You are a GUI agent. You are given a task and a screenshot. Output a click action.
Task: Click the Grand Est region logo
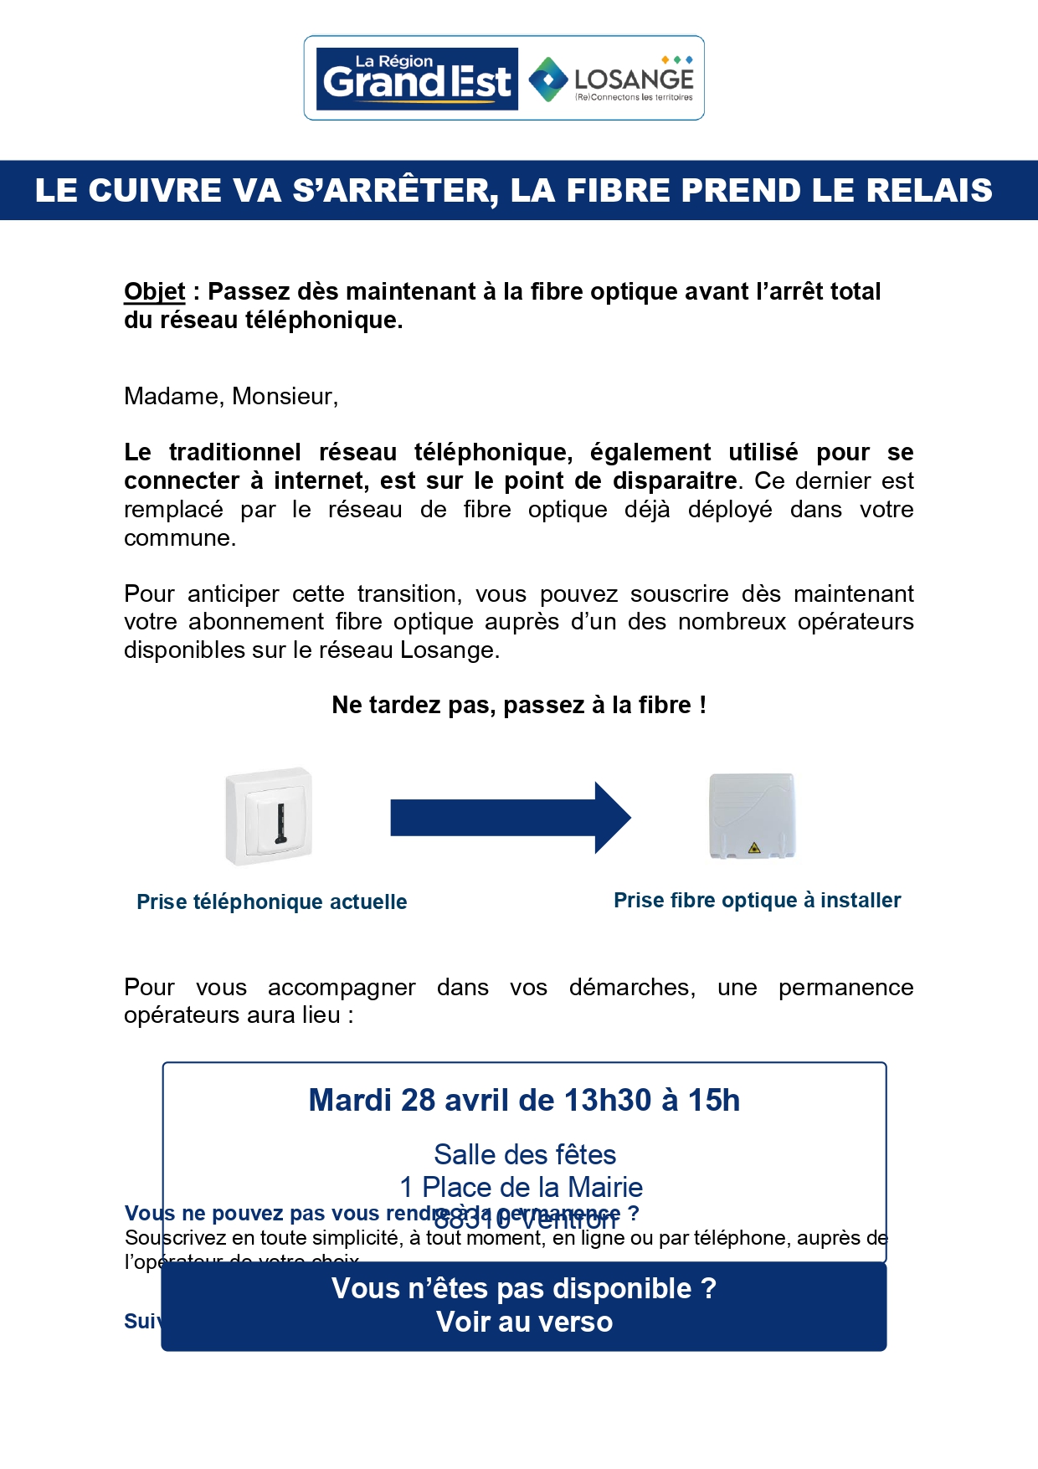coord(417,79)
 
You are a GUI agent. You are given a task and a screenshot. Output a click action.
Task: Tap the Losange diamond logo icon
coord(548,80)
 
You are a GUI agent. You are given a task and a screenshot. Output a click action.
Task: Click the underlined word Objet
coord(154,291)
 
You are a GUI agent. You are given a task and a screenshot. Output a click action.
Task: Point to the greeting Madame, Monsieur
coord(231,396)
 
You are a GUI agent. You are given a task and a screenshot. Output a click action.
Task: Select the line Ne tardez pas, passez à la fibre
coord(519,705)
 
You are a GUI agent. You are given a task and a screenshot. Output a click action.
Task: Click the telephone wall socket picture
coord(269,815)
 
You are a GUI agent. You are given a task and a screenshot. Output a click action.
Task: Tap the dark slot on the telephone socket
coord(280,824)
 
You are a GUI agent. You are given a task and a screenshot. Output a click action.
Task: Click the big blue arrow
coord(510,818)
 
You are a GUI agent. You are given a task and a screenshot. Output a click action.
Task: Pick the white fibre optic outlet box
coord(752,816)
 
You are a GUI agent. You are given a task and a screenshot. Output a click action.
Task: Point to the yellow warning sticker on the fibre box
coord(754,848)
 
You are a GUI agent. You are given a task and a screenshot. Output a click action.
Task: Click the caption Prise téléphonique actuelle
coord(272,901)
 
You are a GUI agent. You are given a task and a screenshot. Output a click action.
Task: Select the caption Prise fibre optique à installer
coord(757,900)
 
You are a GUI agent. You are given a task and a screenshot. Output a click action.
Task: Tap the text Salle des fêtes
coord(525,1154)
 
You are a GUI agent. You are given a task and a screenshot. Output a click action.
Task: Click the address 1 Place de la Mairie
coord(522,1187)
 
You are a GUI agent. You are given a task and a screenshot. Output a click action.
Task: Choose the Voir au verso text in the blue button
coord(524,1322)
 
